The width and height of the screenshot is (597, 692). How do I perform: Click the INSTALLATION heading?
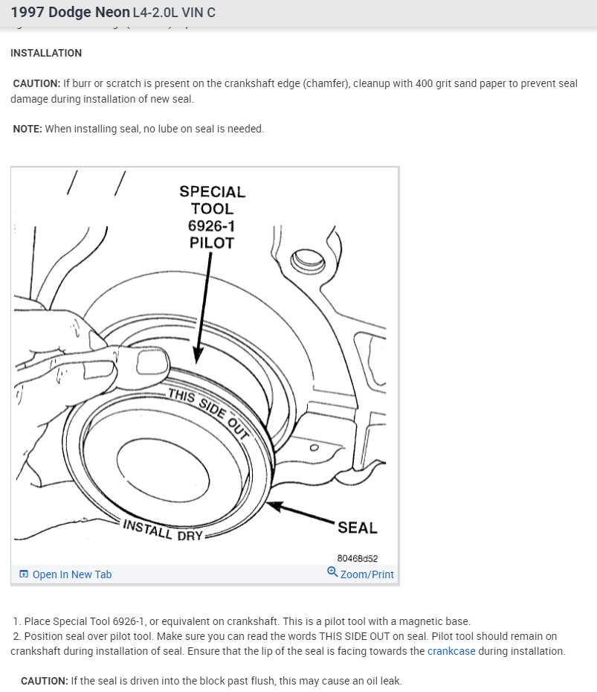[x=46, y=54]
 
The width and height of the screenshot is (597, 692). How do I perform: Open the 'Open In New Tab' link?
[x=71, y=574]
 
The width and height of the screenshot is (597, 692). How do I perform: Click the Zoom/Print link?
[x=367, y=574]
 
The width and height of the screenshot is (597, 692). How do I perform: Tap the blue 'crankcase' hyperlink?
[x=451, y=651]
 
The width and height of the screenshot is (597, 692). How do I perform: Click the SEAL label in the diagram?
[x=357, y=528]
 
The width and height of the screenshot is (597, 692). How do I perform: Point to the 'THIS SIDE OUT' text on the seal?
[x=207, y=414]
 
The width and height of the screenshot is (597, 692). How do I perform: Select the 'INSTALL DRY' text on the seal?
[x=163, y=530]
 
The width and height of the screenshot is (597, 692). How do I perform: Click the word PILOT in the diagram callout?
[x=212, y=243]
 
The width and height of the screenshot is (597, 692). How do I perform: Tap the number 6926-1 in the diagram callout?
[x=212, y=225]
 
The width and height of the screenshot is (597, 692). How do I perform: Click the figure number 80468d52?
[x=357, y=558]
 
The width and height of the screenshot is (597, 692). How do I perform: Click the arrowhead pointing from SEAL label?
[x=274, y=506]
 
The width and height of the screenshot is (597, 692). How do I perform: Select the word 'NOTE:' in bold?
[x=28, y=129]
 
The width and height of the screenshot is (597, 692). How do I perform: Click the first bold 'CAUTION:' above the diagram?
[x=36, y=84]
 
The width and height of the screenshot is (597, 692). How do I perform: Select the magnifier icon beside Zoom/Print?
[x=332, y=572]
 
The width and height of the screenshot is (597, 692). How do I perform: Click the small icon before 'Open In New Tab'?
[x=24, y=574]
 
